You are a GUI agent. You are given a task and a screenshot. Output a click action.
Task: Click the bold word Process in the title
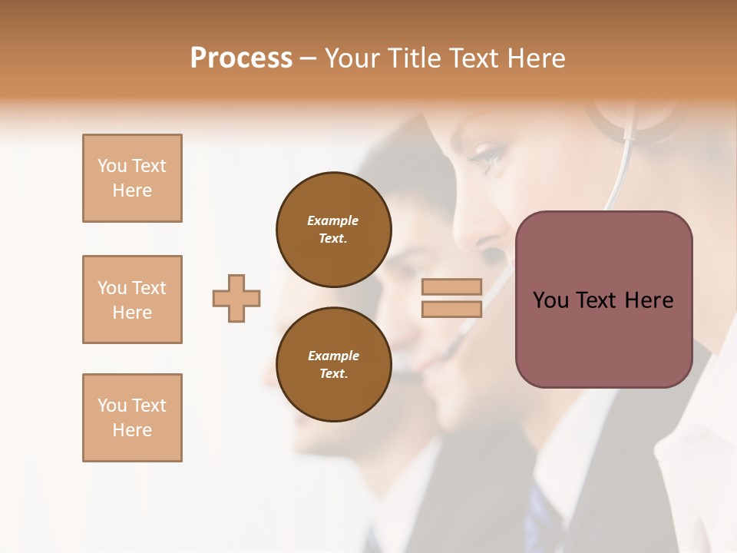[x=241, y=58]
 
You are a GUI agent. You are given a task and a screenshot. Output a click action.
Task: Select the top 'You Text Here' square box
[x=132, y=178]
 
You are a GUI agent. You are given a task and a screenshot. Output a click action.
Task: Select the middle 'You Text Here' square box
[x=132, y=300]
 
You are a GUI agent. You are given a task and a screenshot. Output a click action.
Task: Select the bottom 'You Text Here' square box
[x=132, y=418]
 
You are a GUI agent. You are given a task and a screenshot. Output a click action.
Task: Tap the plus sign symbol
[x=236, y=298]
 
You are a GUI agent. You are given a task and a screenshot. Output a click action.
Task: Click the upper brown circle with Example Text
[x=334, y=230]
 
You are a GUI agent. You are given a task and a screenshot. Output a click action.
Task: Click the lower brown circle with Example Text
[x=334, y=365]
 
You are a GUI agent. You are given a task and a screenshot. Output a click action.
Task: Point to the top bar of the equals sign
[x=451, y=286]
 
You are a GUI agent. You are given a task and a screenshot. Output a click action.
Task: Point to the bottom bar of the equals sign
[x=451, y=309]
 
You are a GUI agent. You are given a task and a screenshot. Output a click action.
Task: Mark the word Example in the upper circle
[x=333, y=221]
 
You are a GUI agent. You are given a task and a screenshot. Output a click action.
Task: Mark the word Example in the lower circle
[x=333, y=356]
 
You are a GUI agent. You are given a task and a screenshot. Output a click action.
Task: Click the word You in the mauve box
[x=550, y=300]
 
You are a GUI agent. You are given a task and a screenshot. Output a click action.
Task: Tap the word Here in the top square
[x=132, y=190]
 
